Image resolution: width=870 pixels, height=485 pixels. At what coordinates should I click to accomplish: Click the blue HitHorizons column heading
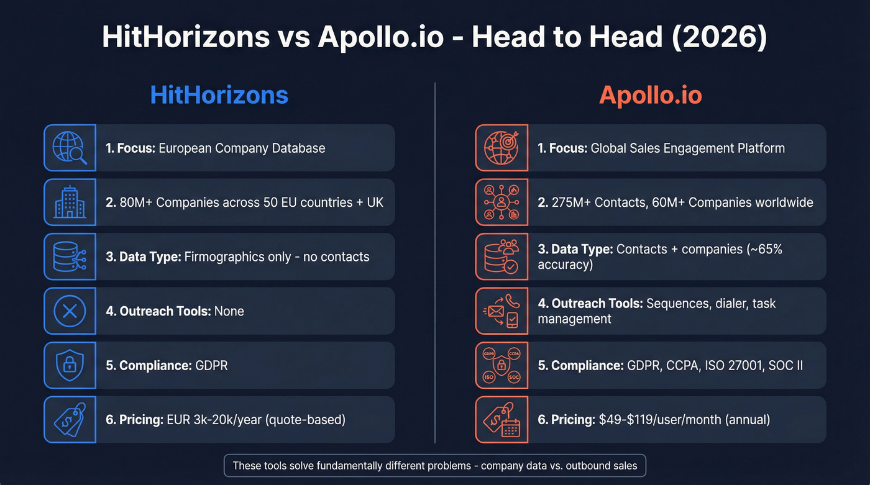click(219, 95)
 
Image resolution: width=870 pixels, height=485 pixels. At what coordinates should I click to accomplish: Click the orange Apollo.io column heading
click(650, 95)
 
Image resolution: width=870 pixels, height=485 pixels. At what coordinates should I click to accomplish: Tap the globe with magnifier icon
click(70, 148)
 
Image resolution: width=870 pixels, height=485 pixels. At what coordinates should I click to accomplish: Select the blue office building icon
click(70, 202)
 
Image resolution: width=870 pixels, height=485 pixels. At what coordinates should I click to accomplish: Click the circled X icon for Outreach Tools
click(70, 310)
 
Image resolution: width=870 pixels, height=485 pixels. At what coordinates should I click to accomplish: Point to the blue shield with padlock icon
click(70, 365)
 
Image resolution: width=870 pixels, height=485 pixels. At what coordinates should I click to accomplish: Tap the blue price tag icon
click(70, 420)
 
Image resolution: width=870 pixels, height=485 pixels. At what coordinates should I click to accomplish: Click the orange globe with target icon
click(501, 148)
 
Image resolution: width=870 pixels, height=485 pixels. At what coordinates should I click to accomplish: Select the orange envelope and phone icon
click(501, 310)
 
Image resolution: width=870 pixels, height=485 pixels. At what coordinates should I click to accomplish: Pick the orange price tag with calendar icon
click(501, 420)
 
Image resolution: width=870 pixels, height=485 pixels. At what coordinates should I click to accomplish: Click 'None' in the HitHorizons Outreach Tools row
click(229, 311)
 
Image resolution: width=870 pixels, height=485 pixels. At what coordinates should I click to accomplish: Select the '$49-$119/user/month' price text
click(662, 420)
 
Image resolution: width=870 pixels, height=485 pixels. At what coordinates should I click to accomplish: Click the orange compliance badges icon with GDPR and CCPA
click(501, 365)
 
